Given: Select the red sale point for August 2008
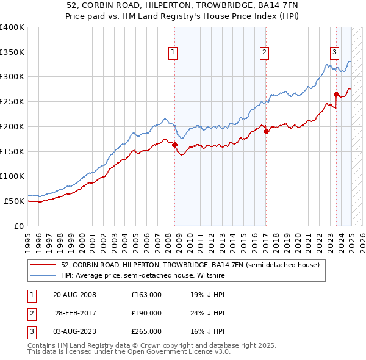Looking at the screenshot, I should tap(174, 145).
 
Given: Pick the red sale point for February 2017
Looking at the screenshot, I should tap(266, 131).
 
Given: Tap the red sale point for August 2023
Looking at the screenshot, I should tap(336, 94).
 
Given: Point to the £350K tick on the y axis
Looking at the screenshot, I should tap(12, 52).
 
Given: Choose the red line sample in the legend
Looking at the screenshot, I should tap(43, 265).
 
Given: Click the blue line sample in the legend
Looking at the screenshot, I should tap(43, 275).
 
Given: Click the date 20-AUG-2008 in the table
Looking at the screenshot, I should tap(74, 295).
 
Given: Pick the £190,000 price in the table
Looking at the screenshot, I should tap(146, 313).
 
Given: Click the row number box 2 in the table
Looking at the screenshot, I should tap(30, 313).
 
